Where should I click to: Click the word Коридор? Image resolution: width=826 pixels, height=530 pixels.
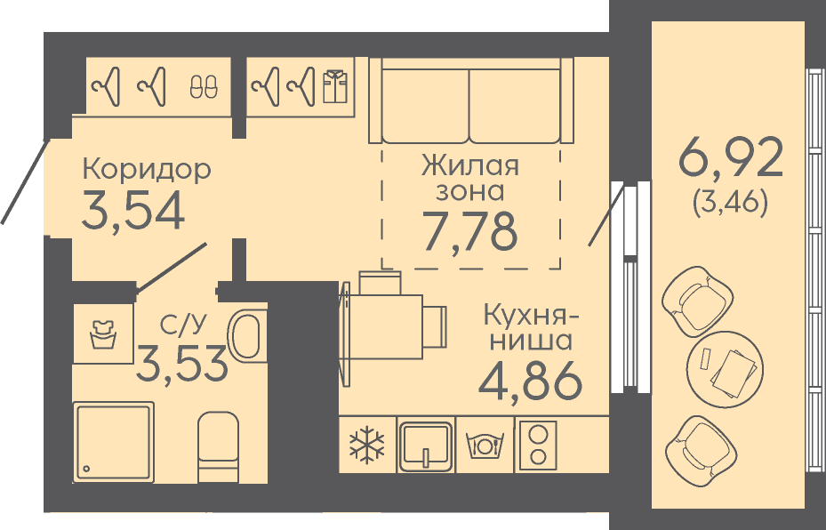[147, 171]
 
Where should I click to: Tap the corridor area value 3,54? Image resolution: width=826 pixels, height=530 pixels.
[133, 211]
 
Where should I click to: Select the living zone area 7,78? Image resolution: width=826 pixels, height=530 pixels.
[470, 232]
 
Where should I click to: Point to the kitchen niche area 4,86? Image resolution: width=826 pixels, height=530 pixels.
[530, 381]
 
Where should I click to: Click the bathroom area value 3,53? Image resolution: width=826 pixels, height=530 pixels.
[181, 363]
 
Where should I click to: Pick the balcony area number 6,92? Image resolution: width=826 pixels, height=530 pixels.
[731, 157]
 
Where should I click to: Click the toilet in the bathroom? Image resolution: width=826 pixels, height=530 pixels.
[218, 446]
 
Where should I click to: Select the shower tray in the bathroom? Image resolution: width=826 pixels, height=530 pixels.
[114, 441]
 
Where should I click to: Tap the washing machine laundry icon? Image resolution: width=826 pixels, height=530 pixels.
[103, 333]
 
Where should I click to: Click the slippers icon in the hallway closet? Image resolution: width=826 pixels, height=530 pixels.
[204, 86]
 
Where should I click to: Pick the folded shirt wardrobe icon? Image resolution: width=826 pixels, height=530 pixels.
[335, 85]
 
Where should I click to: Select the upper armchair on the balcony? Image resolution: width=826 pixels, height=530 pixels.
[698, 301]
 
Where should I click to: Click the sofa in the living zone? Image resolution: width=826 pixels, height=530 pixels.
[471, 100]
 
